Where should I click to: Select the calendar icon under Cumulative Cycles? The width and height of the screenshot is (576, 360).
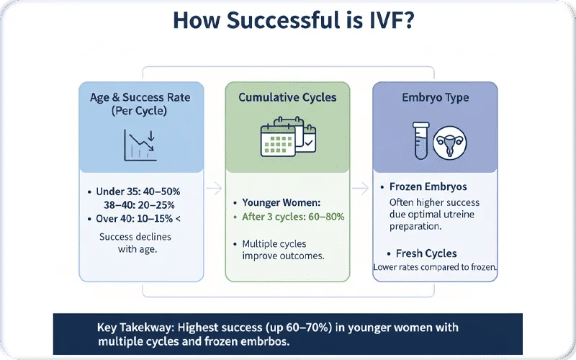287,136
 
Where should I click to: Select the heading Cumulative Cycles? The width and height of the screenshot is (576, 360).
287,98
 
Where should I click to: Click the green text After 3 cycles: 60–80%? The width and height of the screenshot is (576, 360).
294,217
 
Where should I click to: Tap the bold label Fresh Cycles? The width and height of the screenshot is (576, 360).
426,253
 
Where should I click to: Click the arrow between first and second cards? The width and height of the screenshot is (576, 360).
214,189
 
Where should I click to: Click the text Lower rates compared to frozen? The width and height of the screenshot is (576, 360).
435,267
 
